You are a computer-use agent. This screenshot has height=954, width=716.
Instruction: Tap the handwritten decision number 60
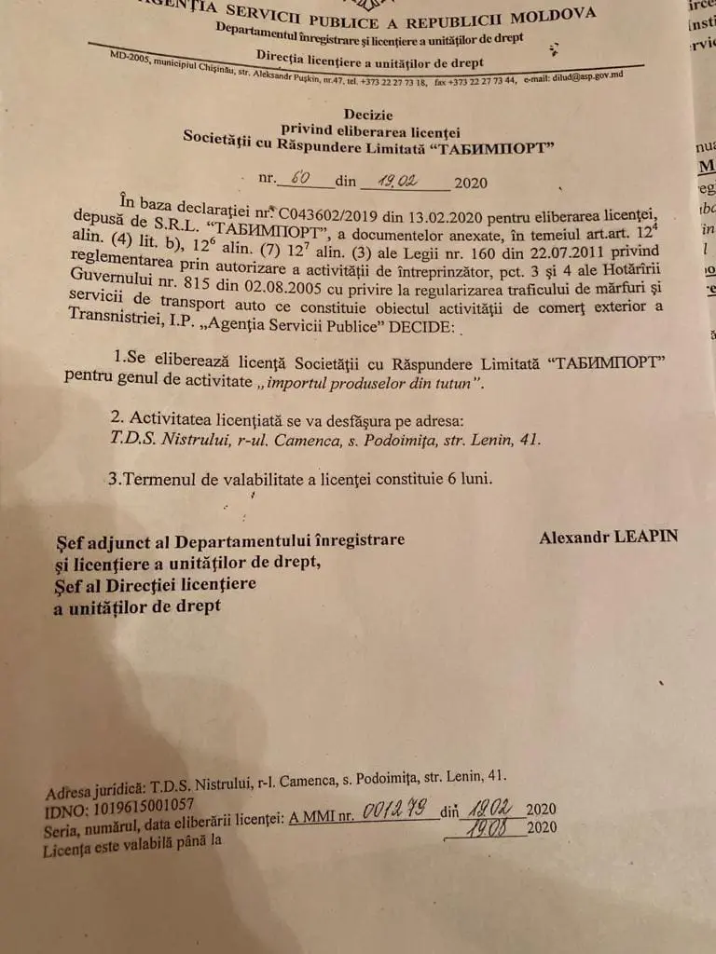(301, 177)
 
